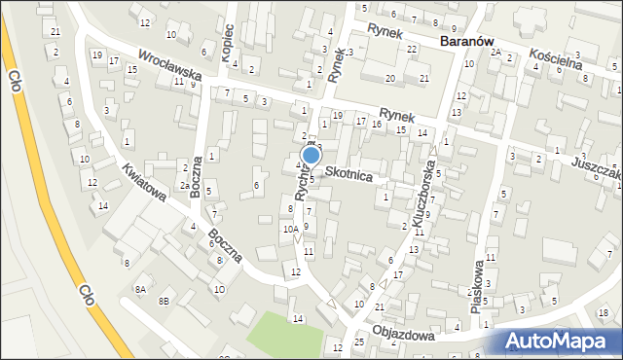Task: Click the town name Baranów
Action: [471, 42]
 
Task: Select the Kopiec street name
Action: [228, 43]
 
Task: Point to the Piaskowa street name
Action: [477, 279]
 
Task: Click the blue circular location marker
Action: [311, 155]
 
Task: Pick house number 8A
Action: [140, 289]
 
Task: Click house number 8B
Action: [165, 302]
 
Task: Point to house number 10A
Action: [289, 230]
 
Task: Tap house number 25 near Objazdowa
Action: [359, 342]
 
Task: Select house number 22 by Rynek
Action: [412, 49]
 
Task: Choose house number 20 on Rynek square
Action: [390, 78]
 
